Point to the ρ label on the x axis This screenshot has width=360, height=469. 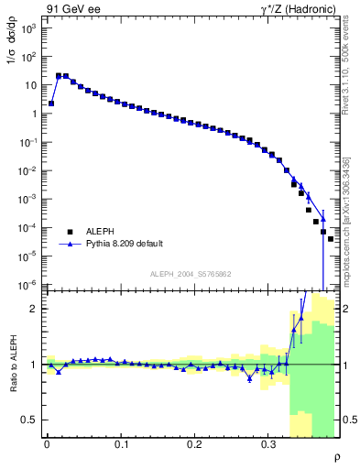pos(336,456)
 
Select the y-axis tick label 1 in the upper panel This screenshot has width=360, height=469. pos(36,115)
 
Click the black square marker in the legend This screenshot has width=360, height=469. pos(70,232)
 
